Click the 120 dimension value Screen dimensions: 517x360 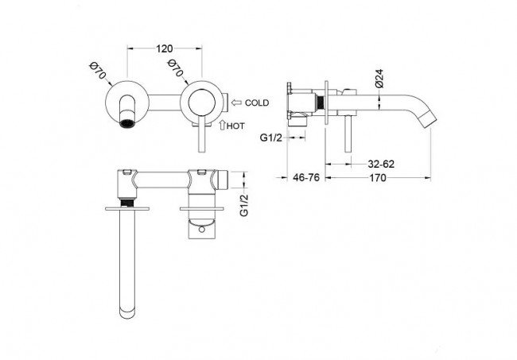pyautogui.click(x=164, y=48)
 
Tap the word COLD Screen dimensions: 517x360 pyautogui.click(x=257, y=103)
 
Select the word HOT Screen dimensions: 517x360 pyautogui.click(x=235, y=126)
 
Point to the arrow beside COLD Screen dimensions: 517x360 pyautogui.click(x=236, y=103)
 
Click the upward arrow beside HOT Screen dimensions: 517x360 pyautogui.click(x=222, y=125)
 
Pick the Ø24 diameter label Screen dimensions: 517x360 pyautogui.click(x=379, y=78)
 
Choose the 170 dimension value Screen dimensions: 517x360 pyautogui.click(x=377, y=178)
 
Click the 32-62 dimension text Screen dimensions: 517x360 pyautogui.click(x=381, y=164)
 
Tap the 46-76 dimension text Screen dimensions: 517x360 pyautogui.click(x=306, y=177)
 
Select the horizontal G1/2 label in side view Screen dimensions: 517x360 pyautogui.click(x=270, y=137)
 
